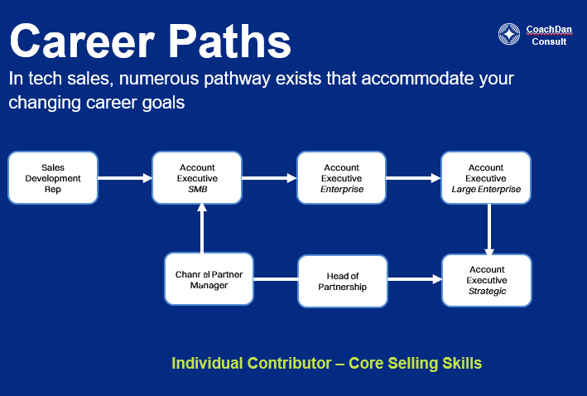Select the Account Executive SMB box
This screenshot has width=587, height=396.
[197, 177]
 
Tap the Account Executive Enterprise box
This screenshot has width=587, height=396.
[341, 177]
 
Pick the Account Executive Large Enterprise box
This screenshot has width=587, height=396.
[486, 177]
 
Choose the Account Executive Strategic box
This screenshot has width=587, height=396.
[487, 280]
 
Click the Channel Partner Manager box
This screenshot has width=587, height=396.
[209, 279]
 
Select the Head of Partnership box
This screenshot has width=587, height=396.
[342, 280]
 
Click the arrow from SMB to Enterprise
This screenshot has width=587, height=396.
[269, 177]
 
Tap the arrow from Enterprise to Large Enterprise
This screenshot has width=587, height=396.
[413, 177]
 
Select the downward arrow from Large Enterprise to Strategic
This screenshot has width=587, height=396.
[489, 229]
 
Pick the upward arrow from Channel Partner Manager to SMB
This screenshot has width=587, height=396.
[201, 229]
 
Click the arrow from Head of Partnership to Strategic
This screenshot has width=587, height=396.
[414, 280]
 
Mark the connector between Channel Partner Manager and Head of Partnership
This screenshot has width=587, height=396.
[275, 280]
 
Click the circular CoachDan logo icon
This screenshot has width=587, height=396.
[509, 34]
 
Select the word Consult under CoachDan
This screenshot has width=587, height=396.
[549, 41]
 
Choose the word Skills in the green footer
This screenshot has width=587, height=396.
[462, 363]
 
